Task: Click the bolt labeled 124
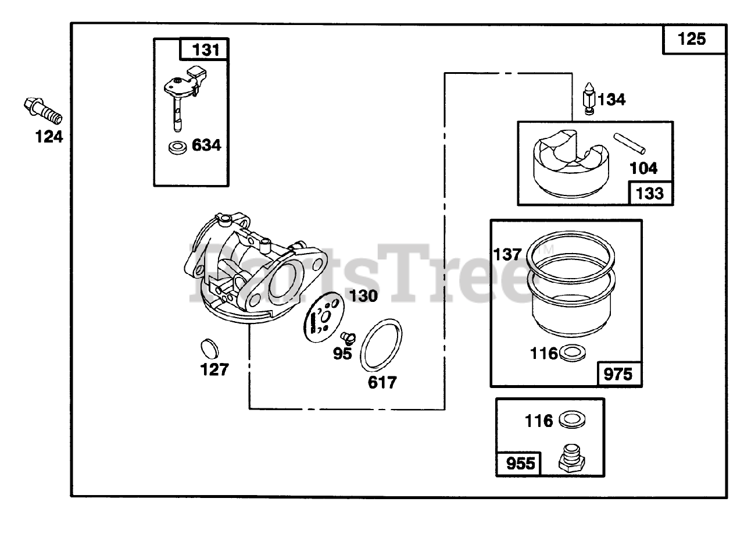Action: click(x=43, y=111)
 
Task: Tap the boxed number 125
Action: click(x=692, y=39)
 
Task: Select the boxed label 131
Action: click(x=204, y=49)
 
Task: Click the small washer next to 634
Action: click(x=177, y=147)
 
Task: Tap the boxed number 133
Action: click(x=649, y=193)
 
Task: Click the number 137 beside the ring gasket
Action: click(x=507, y=255)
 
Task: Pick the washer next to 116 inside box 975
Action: click(x=572, y=353)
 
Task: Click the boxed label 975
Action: click(x=618, y=373)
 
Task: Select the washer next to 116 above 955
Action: click(x=572, y=419)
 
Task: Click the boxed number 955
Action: click(x=518, y=465)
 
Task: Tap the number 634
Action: click(x=206, y=145)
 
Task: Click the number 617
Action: click(x=382, y=382)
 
